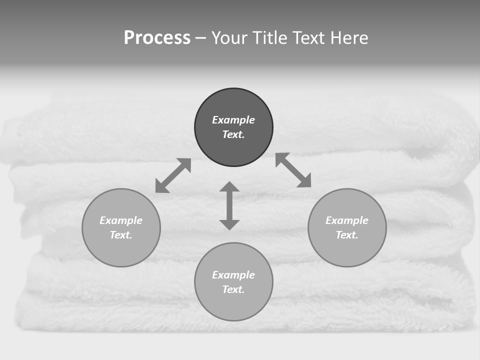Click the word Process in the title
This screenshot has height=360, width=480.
(157, 38)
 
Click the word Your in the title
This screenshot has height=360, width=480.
(230, 38)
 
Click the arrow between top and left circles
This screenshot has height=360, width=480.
(173, 175)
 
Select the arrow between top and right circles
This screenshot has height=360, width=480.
(293, 170)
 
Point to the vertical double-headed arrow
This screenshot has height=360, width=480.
(229, 205)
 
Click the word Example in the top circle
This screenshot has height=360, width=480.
(233, 120)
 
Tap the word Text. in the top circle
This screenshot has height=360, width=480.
(233, 134)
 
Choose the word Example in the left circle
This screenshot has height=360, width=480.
(121, 220)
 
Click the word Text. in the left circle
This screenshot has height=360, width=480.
(121, 235)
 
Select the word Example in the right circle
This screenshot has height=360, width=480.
(347, 220)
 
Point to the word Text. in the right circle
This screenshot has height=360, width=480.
(347, 235)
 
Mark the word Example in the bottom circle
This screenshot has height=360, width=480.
(233, 275)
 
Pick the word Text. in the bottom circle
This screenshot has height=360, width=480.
(233, 289)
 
